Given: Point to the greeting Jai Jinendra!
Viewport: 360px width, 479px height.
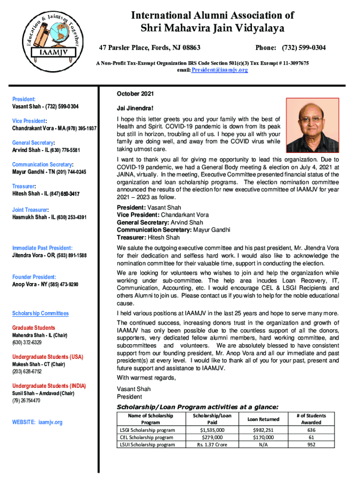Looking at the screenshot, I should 136,109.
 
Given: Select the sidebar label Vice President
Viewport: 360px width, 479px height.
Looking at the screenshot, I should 29,121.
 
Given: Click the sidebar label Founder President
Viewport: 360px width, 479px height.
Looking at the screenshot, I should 34,277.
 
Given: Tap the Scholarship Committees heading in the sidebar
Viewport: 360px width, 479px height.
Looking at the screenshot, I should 40,313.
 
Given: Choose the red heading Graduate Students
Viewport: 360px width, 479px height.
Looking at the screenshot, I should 33,328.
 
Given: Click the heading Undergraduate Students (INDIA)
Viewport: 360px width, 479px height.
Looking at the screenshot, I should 49,386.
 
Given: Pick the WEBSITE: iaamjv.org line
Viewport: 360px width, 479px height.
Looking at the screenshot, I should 37,422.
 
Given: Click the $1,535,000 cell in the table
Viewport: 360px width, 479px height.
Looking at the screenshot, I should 212,430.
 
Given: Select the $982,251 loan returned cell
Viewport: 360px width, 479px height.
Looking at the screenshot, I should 263,430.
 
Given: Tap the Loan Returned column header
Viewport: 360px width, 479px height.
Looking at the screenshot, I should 263,419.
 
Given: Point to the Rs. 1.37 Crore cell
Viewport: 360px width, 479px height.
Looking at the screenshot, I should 212,444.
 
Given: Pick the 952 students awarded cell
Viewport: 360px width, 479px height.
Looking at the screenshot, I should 311,444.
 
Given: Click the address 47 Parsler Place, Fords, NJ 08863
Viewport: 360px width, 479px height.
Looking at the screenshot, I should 150,48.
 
